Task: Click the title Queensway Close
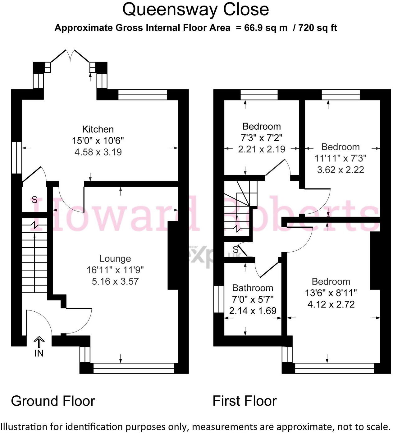pyautogui.click(x=195, y=9)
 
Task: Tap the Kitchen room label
pyautogui.click(x=98, y=129)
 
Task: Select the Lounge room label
pyautogui.click(x=115, y=258)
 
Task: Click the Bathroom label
pyautogui.click(x=253, y=288)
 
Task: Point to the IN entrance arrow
pyautogui.click(x=39, y=342)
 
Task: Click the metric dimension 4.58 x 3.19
pyautogui.click(x=98, y=152)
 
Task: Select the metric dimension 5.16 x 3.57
pyautogui.click(x=115, y=281)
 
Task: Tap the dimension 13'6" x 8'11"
pyautogui.click(x=331, y=293)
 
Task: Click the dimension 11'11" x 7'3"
pyautogui.click(x=340, y=158)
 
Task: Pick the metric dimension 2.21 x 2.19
pyautogui.click(x=262, y=149)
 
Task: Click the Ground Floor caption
pyautogui.click(x=53, y=401)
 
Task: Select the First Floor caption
pyautogui.click(x=244, y=401)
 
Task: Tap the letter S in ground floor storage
pyautogui.click(x=34, y=200)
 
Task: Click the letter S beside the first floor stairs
pyautogui.click(x=235, y=249)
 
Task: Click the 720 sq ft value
pyautogui.click(x=318, y=28)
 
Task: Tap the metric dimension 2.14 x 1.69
pyautogui.click(x=253, y=311)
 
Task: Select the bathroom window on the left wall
pyautogui.click(x=219, y=299)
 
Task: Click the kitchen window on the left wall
pyautogui.click(x=16, y=157)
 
